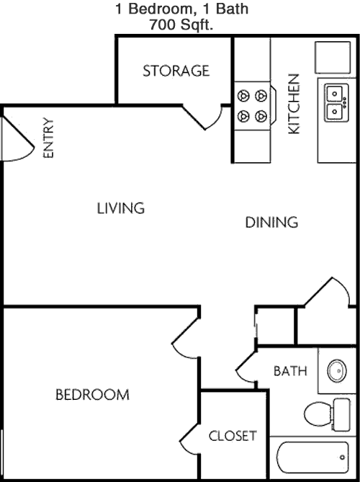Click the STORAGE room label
[x=176, y=71]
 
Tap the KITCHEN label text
[x=294, y=104]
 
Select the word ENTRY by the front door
[x=48, y=138]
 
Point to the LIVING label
[x=121, y=208]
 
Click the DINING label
[x=271, y=222]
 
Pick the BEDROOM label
[x=92, y=395]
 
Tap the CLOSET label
[x=233, y=436]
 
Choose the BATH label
[x=290, y=371]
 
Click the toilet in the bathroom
[x=327, y=414]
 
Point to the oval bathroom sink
[x=337, y=371]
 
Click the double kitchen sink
[x=336, y=103]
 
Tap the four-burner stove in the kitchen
[x=253, y=106]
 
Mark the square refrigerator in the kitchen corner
[x=333, y=58]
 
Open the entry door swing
[x=18, y=138]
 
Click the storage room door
[x=203, y=117]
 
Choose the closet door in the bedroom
[x=189, y=439]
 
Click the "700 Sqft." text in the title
[x=181, y=24]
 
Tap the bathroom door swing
[x=246, y=367]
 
